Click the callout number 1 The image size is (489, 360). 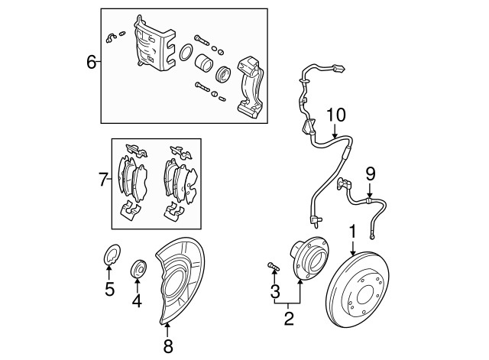point(353,230)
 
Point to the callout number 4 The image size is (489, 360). point(138,300)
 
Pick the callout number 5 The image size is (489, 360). point(110,290)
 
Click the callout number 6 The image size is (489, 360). point(91,62)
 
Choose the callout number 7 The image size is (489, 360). point(104,180)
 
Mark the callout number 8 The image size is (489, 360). point(167,346)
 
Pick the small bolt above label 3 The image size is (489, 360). point(273,265)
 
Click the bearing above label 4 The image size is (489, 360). point(138,268)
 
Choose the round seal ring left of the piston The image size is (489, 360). point(184,54)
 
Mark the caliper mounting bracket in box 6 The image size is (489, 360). point(251,85)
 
